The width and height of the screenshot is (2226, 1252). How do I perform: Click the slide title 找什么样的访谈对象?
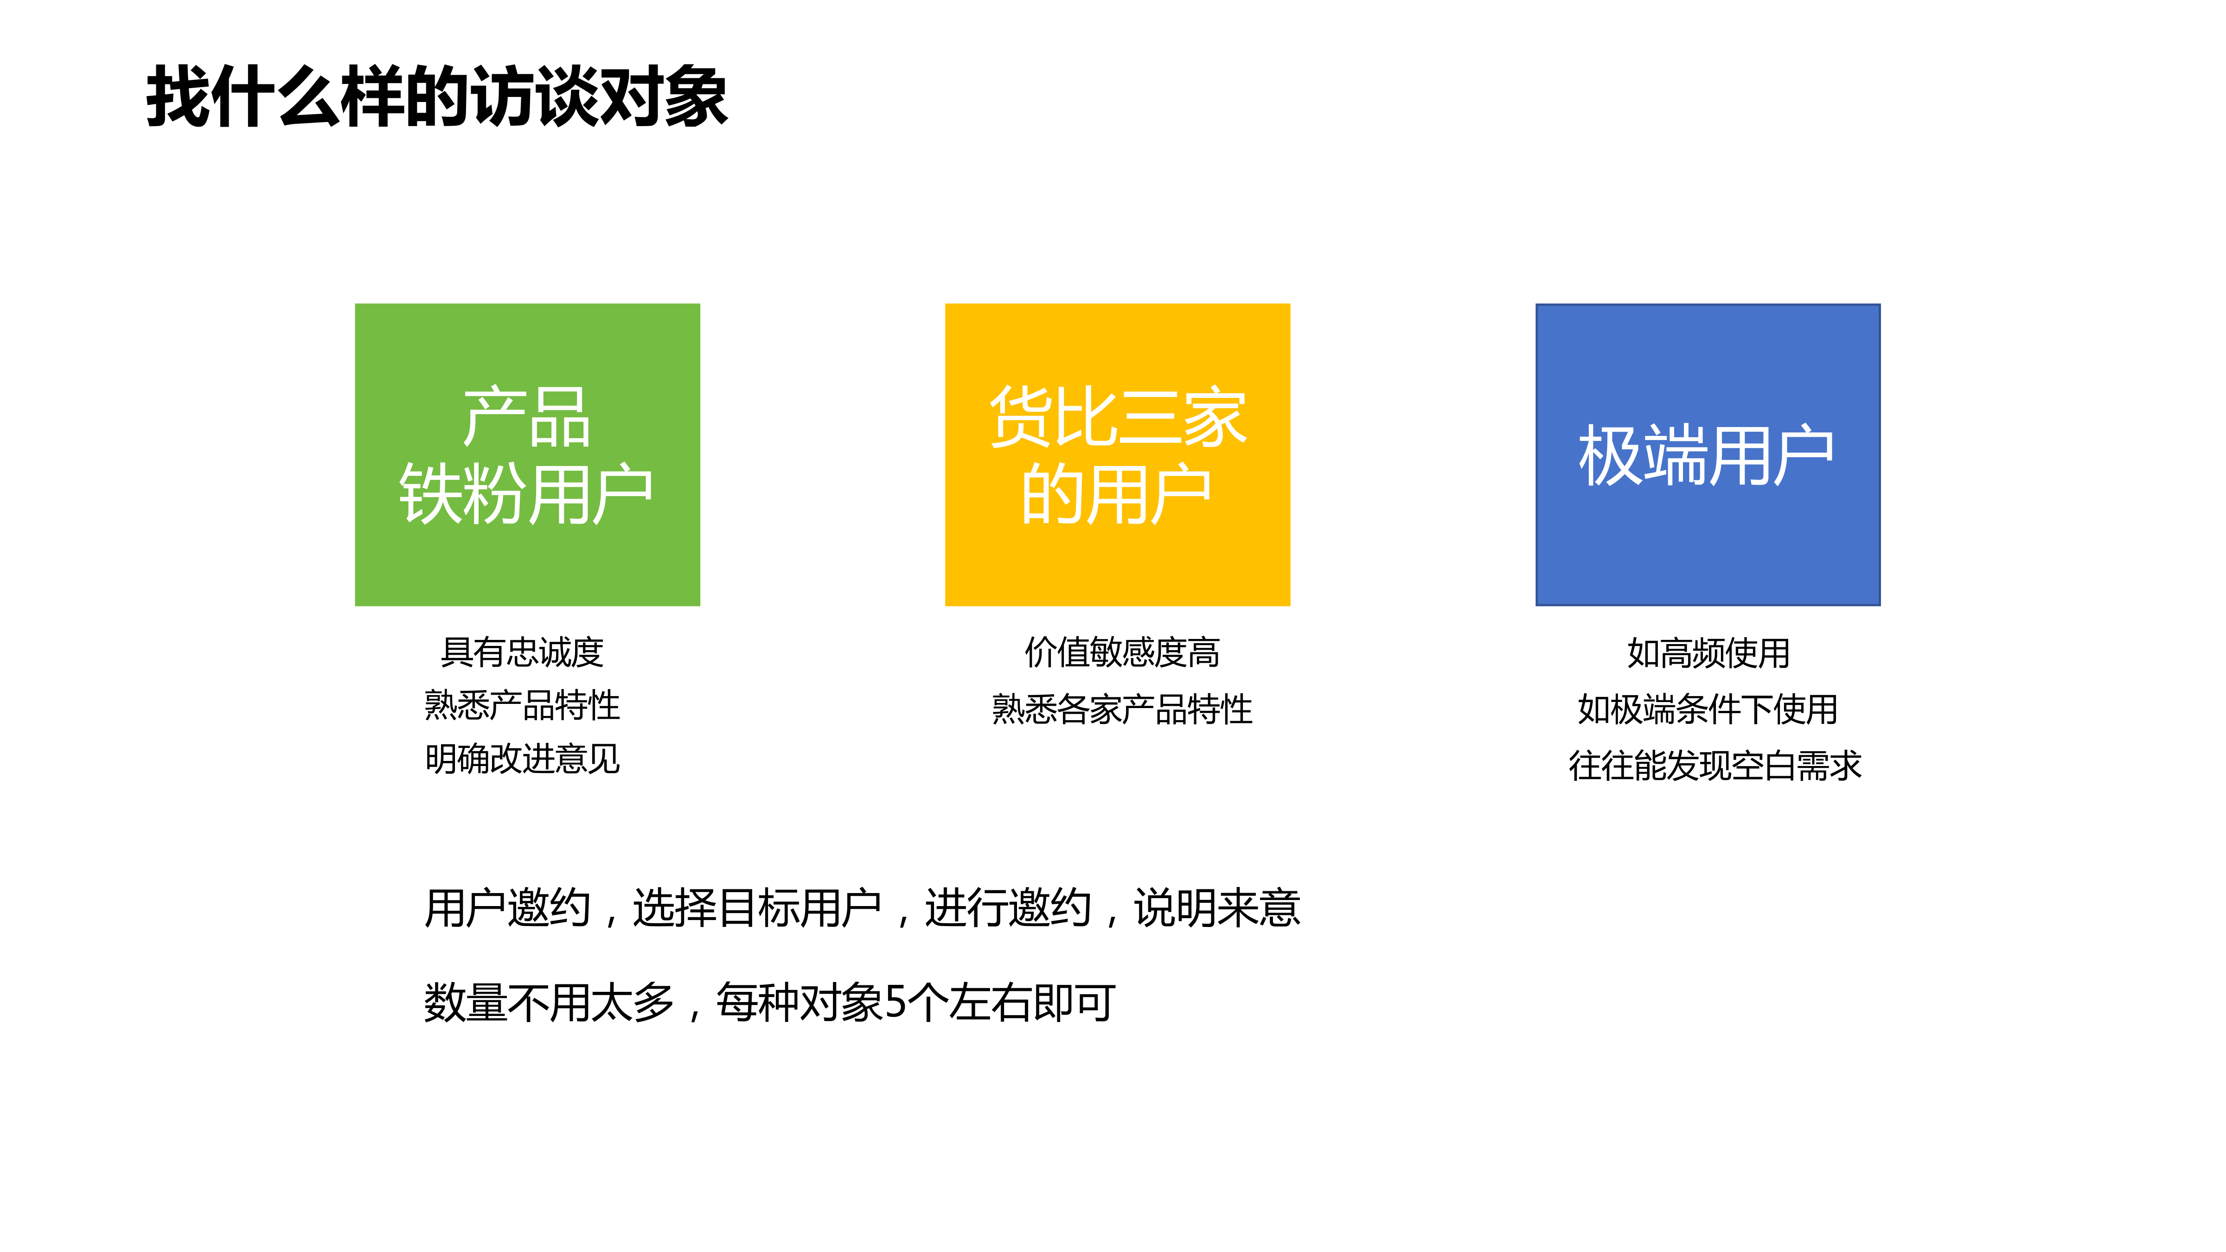436,97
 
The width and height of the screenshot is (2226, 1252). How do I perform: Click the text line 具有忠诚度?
522,652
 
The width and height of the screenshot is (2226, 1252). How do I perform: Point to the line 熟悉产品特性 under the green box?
522,706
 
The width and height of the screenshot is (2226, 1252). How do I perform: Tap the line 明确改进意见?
522,760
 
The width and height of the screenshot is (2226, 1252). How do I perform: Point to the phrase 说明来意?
1217,908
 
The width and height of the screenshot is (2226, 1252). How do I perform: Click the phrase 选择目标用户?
757,908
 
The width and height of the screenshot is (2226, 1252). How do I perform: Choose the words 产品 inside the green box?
526,417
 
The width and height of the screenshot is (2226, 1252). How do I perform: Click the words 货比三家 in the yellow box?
1117,417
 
